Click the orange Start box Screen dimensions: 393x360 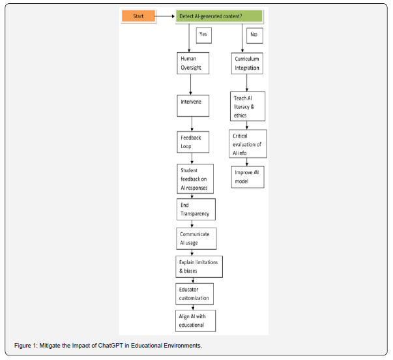click(139, 16)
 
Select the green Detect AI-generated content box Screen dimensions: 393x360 click(219, 16)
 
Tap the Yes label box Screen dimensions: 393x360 click(203, 35)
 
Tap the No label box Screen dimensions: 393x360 click(255, 36)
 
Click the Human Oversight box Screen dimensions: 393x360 click(193, 63)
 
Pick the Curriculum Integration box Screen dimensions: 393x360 click(247, 63)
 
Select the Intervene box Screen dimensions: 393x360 click(193, 106)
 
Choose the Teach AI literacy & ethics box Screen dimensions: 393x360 click(248, 106)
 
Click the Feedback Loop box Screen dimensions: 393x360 click(193, 142)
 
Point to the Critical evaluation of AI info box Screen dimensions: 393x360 click(248, 143)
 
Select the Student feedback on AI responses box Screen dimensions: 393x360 click(196, 179)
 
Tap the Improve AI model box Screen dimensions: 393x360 click(248, 177)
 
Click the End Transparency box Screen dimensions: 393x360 click(196, 209)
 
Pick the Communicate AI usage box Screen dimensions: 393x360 click(197, 239)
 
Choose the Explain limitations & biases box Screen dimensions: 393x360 click(199, 267)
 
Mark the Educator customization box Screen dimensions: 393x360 click(194, 294)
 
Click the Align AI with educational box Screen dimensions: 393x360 click(196, 321)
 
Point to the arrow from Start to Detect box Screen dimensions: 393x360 click(164, 16)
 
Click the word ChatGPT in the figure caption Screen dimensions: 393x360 click(111, 346)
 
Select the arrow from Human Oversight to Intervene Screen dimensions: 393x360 click(190, 85)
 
